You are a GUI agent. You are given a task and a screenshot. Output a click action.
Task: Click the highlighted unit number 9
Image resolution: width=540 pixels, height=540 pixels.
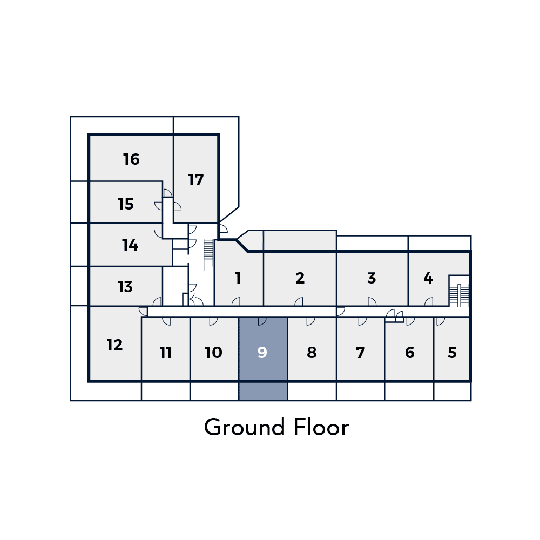(x=262, y=352)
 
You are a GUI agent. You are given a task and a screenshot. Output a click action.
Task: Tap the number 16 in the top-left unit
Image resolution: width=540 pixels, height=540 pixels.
(x=131, y=159)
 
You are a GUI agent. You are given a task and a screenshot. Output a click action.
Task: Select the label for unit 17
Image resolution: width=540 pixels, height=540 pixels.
(x=195, y=180)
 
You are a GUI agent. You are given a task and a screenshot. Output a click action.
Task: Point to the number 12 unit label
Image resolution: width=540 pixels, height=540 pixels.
(x=114, y=345)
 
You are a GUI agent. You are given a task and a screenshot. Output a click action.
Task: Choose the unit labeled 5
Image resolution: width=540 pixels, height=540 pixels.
(x=452, y=352)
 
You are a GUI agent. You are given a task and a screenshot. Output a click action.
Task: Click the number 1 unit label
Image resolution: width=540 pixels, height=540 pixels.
(x=238, y=278)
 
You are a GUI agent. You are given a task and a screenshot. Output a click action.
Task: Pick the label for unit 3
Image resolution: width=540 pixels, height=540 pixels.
(x=372, y=278)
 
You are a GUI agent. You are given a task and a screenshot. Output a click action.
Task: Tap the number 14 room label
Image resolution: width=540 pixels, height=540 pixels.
(x=130, y=245)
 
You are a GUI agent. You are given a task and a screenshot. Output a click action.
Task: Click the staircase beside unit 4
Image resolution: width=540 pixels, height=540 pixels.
(x=460, y=295)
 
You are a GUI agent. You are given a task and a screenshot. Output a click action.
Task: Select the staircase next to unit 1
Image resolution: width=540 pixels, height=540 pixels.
(x=208, y=255)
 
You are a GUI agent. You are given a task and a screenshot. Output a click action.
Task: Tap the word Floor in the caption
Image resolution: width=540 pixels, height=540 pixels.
(x=321, y=427)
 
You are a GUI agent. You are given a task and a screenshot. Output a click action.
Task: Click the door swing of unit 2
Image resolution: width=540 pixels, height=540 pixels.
(x=299, y=302)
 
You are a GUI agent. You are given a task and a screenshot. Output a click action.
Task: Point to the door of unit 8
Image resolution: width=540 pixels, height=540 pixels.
(x=310, y=321)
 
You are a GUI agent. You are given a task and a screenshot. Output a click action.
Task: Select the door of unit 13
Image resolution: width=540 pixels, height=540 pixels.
(x=157, y=302)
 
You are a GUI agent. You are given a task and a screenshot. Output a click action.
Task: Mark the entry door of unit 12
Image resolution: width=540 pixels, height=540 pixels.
(x=143, y=312)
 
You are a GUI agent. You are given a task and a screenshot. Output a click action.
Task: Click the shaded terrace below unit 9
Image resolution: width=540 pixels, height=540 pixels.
(x=263, y=391)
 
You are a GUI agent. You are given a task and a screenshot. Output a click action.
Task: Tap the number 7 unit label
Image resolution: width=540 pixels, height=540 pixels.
(x=360, y=352)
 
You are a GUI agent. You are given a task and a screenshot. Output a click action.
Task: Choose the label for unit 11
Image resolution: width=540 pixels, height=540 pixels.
(x=166, y=352)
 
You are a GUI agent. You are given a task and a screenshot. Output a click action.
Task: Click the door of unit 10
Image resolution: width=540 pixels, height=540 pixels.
(x=213, y=321)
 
